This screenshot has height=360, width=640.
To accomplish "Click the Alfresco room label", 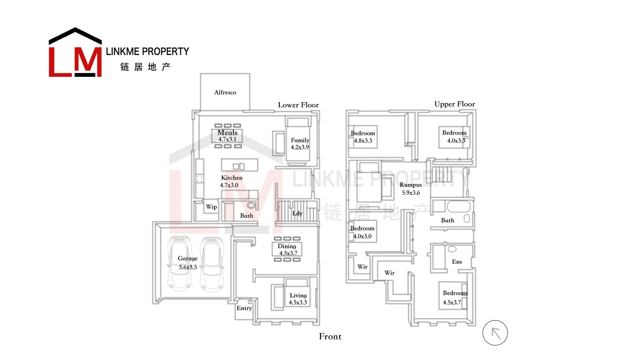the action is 225,92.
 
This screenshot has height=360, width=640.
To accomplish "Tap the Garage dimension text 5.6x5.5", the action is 188,267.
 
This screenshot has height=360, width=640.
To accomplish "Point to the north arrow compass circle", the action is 495,333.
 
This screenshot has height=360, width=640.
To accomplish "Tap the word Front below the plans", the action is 330,337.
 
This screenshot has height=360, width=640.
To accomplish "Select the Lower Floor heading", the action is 298,105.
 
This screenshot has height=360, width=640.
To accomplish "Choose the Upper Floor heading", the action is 454,104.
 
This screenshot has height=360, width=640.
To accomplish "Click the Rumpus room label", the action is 410,185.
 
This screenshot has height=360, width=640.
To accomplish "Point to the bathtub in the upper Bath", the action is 458,207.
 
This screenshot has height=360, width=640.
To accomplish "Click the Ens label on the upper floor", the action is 457,262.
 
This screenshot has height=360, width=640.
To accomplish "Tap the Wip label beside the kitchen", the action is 211,207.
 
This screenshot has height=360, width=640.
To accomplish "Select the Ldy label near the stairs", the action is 297,213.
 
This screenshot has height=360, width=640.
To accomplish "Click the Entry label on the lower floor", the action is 244,308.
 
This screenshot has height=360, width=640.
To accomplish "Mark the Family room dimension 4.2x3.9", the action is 300,147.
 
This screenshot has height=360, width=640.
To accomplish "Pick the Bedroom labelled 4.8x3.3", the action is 363,141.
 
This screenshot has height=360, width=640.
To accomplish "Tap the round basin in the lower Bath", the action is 251,205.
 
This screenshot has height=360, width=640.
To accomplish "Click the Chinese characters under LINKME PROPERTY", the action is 145,67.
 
